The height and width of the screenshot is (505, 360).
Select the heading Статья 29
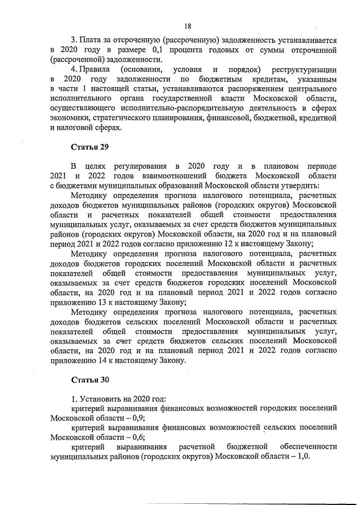[x=89, y=147]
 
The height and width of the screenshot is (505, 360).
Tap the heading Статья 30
[x=89, y=379]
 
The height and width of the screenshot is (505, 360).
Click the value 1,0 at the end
[x=303, y=457]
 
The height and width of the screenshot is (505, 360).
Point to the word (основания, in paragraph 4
[x=142, y=69]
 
